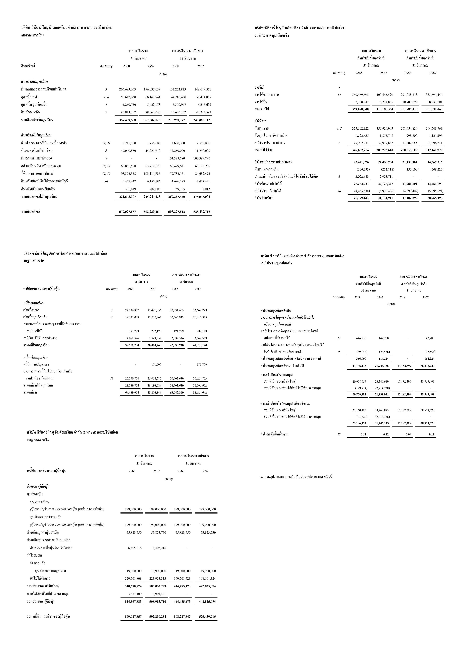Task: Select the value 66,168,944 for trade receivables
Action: [153, 97]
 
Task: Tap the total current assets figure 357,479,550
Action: [127, 120]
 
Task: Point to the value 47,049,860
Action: [128, 151]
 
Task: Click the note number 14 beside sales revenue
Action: [339, 95]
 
